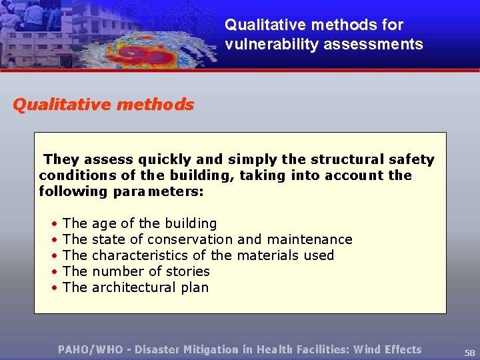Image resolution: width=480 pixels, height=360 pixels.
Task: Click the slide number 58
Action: [x=469, y=353]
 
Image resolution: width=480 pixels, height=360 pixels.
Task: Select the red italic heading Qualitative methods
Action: [x=103, y=105]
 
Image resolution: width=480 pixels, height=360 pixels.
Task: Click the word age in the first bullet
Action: [x=103, y=224]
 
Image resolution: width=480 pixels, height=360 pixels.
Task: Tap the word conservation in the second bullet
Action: [x=190, y=239]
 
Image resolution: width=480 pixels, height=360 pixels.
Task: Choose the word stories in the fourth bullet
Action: [x=188, y=271]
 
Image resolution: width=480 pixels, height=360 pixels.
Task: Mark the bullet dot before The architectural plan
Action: [x=53, y=288]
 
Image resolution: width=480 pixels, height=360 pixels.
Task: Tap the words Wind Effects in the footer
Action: [x=387, y=349]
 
